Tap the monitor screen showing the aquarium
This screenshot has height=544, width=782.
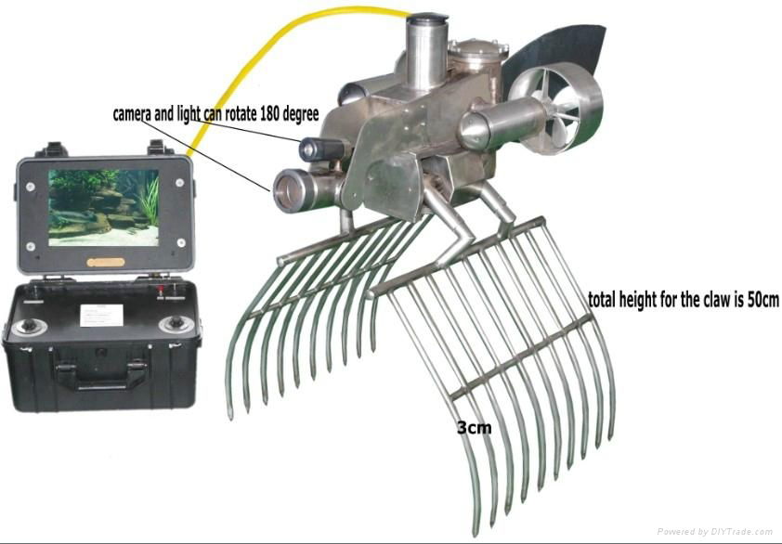pos(103,205)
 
